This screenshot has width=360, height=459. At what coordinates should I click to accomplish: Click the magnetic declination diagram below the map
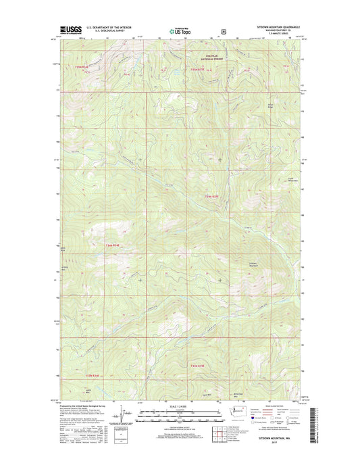tap(121, 414)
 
